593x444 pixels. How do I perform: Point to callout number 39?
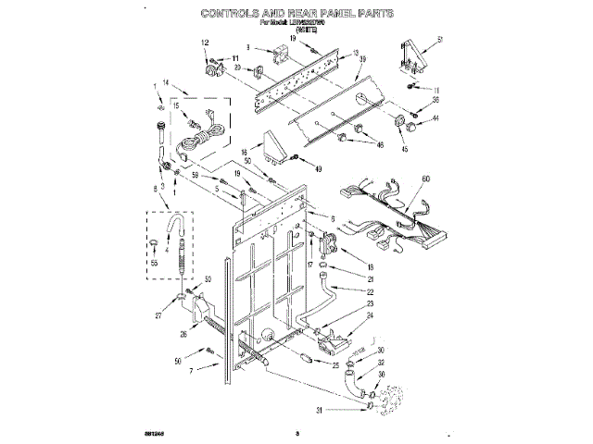tap(362, 59)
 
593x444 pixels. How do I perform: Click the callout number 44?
tap(435, 118)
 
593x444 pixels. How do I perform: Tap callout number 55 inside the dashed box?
tap(154, 265)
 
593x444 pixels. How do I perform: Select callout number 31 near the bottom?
tap(319, 411)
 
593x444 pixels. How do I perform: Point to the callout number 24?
tap(371, 314)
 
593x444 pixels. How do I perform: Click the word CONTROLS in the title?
tap(242, 14)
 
